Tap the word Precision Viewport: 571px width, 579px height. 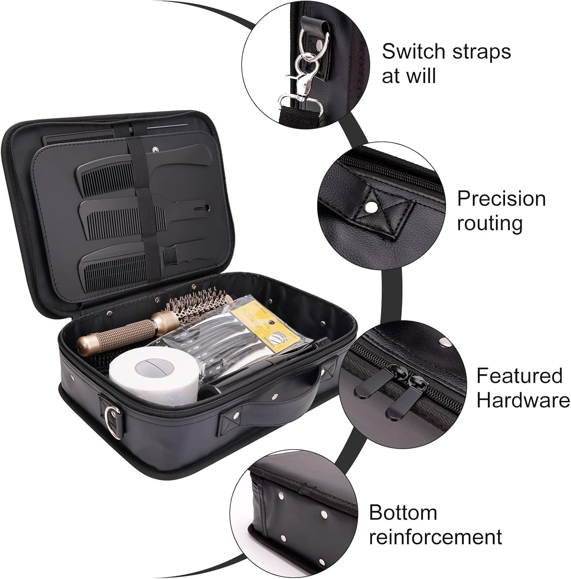(x=501, y=199)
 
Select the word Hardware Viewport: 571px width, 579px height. (x=523, y=400)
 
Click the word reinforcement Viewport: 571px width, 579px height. (x=436, y=537)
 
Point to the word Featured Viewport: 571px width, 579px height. (x=519, y=376)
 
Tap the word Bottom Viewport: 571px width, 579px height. (x=403, y=513)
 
